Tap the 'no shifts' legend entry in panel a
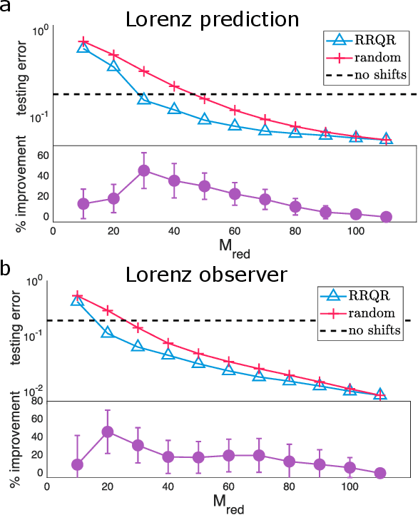coord(371,74)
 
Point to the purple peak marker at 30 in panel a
coord(143,170)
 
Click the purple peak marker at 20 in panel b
coord(108,432)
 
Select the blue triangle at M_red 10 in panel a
coord(83,47)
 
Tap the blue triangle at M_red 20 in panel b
coord(108,332)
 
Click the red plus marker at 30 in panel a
coord(143,71)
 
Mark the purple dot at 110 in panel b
coord(380,473)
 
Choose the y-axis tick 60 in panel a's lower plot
coord(42,155)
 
